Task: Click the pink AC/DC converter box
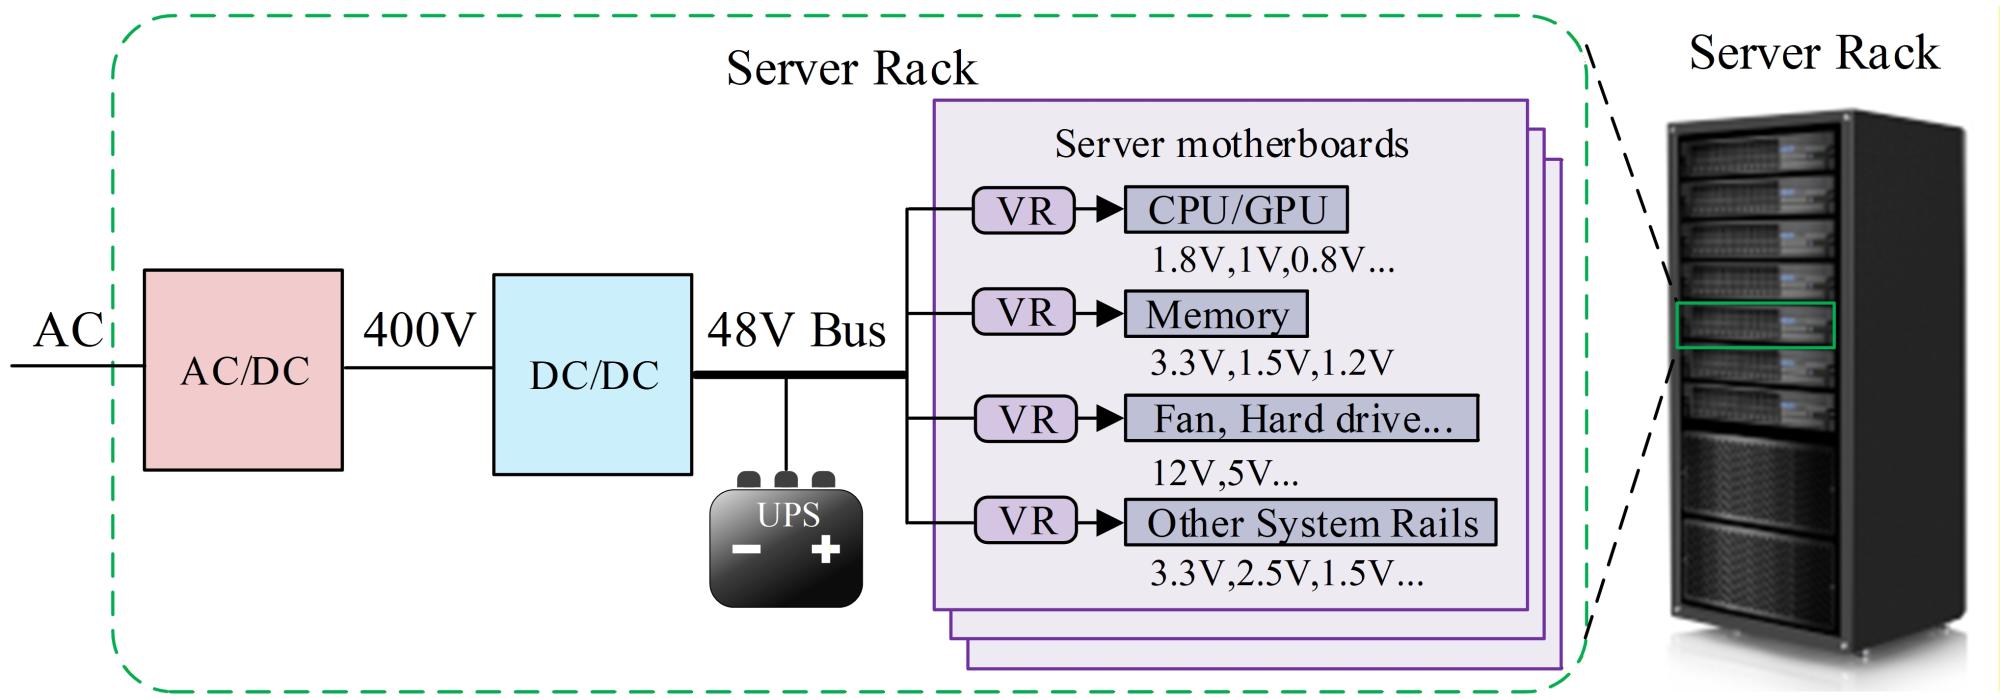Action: click(x=243, y=370)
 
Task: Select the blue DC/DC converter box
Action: click(x=592, y=374)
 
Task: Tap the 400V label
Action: click(x=419, y=329)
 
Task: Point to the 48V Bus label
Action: click(x=796, y=329)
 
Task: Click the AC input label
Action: click(x=68, y=330)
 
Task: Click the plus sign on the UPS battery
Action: click(x=825, y=549)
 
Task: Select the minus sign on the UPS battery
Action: click(x=746, y=549)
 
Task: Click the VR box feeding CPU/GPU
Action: click(x=1024, y=210)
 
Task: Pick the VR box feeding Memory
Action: click(x=1024, y=314)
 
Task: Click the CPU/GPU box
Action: click(x=1236, y=210)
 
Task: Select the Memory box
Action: click(x=1216, y=315)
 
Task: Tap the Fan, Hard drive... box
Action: click(x=1301, y=418)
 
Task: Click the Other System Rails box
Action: click(x=1310, y=523)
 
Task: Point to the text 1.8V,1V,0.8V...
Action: click(x=1272, y=261)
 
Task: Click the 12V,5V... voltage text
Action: click(x=1224, y=472)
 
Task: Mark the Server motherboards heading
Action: click(x=1231, y=144)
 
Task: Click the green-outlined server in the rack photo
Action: click(x=1755, y=325)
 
